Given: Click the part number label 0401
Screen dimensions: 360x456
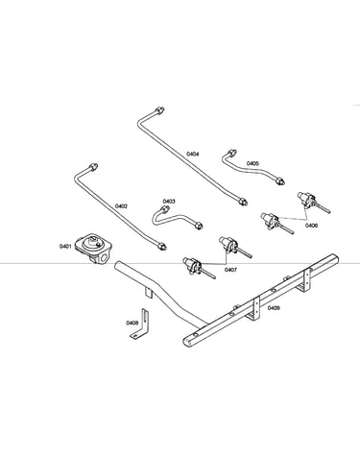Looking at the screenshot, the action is point(65,246).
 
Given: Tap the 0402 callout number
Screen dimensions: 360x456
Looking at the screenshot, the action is point(121,206).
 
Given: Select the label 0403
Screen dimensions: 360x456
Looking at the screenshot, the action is point(169,202).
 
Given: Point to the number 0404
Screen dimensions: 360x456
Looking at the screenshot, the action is point(193,155).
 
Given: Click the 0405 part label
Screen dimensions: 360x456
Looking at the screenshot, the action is point(252,163).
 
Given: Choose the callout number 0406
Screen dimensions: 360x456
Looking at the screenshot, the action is point(311,226).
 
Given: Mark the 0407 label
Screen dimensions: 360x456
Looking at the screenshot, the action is point(230,270).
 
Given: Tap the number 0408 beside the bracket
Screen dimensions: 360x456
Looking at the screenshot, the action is point(132,323).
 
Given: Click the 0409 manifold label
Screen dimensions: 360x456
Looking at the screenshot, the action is point(274,308).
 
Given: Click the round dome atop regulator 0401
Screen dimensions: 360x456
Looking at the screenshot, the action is point(92,242).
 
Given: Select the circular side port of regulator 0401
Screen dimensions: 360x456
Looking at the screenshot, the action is point(104,258).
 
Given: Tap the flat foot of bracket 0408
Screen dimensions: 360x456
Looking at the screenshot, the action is point(137,334).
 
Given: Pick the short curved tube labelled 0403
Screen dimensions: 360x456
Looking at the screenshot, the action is point(176,218).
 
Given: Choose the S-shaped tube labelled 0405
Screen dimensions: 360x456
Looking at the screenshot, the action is point(252,168).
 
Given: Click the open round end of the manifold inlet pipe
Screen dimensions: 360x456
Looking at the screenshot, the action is point(117,265).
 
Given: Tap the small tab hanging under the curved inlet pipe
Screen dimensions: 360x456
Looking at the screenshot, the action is point(148,293).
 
